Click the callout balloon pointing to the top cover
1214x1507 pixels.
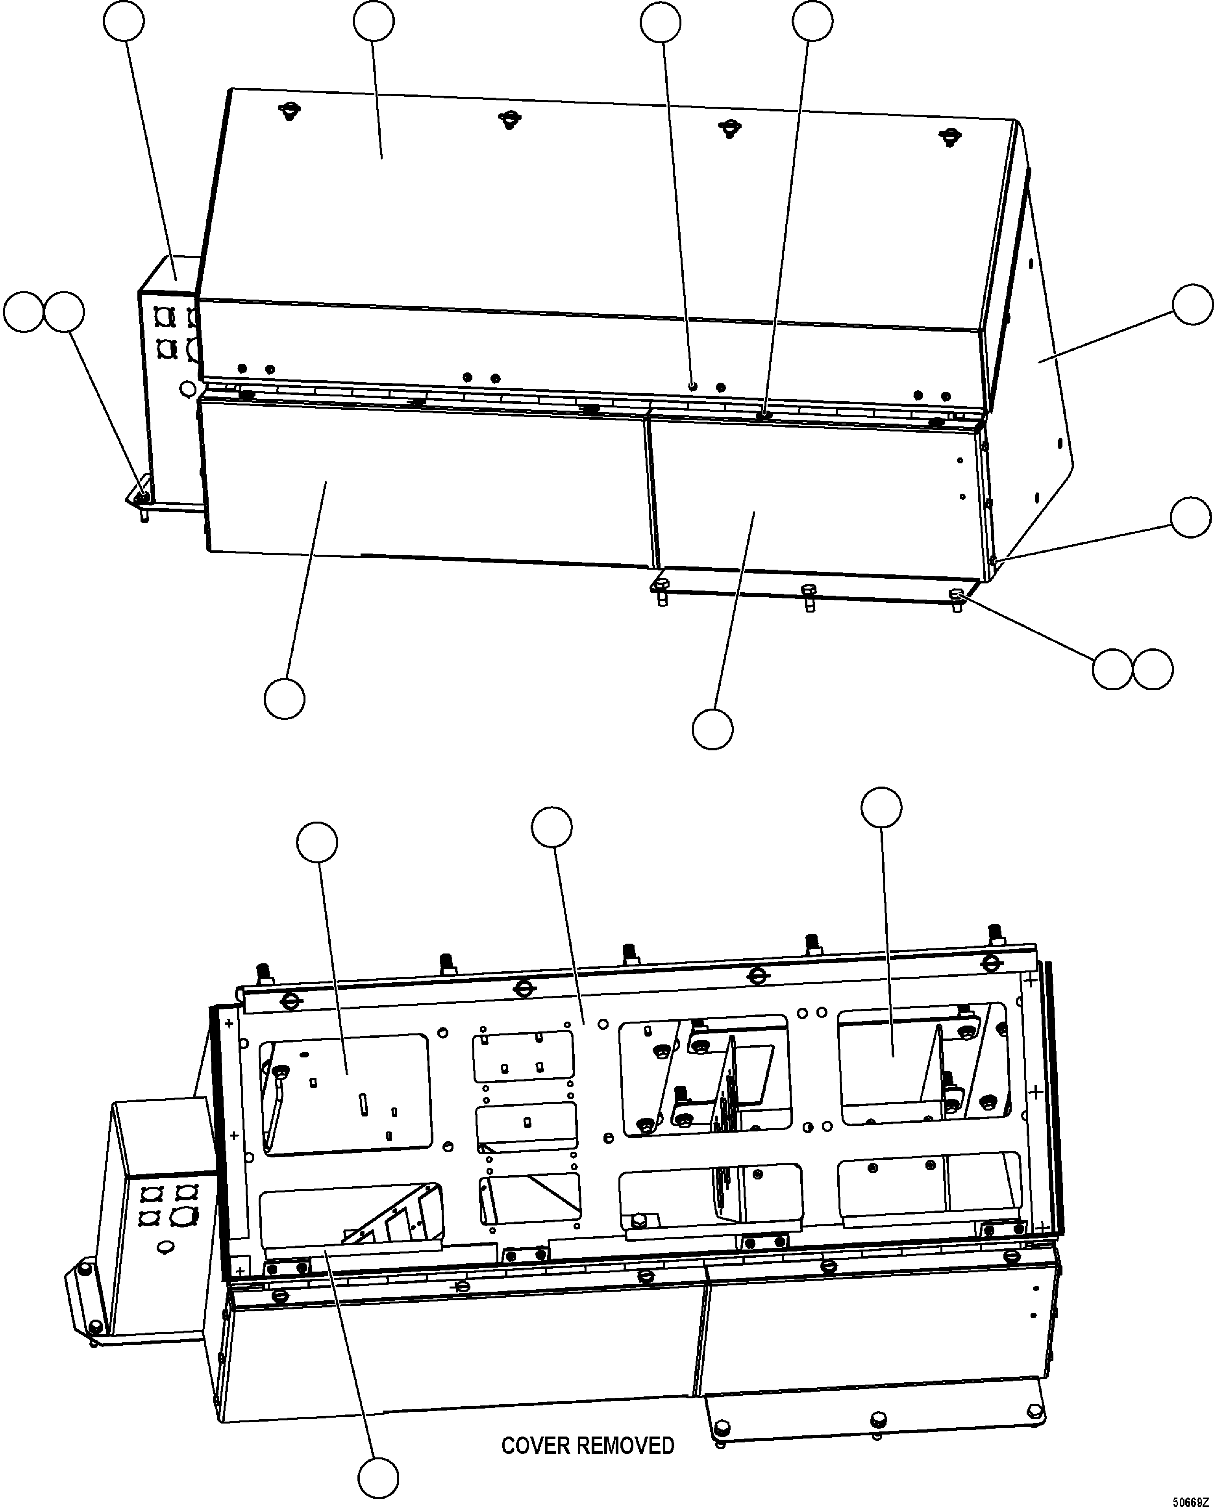pos(374,22)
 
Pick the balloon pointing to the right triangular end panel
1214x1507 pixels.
pos(1192,305)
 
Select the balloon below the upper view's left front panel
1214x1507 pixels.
pos(285,698)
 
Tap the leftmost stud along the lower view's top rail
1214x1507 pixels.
pos(265,973)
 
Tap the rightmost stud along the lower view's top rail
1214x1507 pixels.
pos(994,933)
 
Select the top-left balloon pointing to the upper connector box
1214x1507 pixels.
pos(124,22)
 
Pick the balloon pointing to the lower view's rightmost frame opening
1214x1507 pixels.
pos(881,808)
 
